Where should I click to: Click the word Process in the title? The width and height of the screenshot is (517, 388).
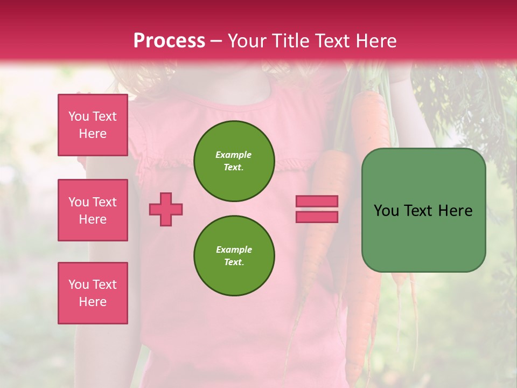coord(169,41)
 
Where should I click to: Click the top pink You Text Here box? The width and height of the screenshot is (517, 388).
coord(93,125)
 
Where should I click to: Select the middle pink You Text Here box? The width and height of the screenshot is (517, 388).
coord(93,210)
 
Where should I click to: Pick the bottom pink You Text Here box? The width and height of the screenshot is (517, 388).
coord(93,293)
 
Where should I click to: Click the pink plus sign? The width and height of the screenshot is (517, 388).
coord(166,209)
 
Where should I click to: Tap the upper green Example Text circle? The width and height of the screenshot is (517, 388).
coord(234,161)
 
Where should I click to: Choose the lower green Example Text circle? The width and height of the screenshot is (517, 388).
coord(234,256)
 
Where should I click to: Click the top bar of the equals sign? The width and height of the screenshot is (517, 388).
coord(317,202)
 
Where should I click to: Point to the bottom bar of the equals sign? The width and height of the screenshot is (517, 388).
coord(317,217)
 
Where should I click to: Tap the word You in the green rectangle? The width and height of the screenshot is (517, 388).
coord(386,211)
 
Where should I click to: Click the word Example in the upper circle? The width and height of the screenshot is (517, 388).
coord(234,155)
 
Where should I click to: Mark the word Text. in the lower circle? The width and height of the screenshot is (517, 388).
coord(234,262)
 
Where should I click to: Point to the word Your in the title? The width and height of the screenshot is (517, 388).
coord(247,41)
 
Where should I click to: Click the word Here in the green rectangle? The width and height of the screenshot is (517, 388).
coord(455,211)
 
